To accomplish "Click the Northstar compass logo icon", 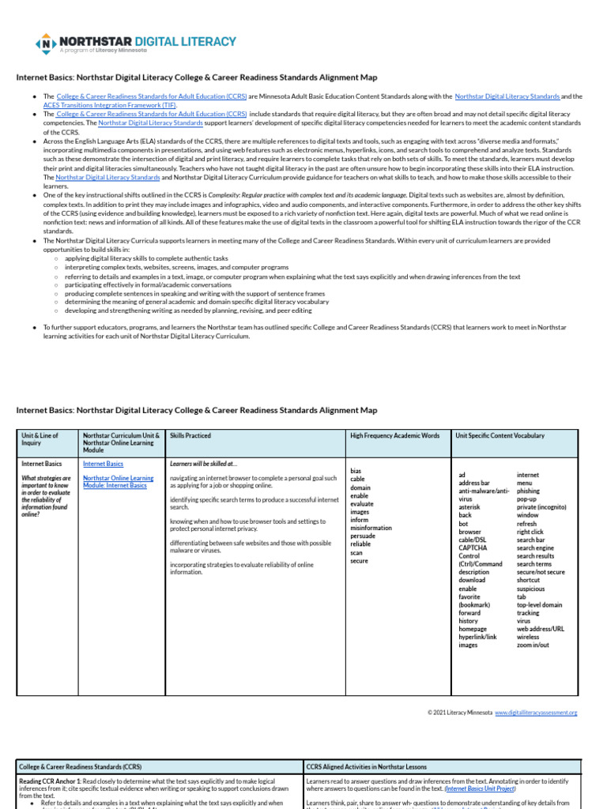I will click(47, 43).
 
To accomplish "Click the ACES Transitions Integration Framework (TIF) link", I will click(99, 104).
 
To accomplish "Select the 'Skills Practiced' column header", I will click(190, 435).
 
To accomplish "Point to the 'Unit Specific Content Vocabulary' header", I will click(500, 435).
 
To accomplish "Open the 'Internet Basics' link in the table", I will click(103, 464).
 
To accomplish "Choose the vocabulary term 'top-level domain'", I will click(540, 604).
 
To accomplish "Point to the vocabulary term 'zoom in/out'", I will click(533, 645).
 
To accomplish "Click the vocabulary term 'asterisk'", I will click(471, 506).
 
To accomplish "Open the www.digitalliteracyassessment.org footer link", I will click(536, 713).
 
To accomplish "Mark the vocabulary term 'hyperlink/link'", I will click(478, 636).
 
